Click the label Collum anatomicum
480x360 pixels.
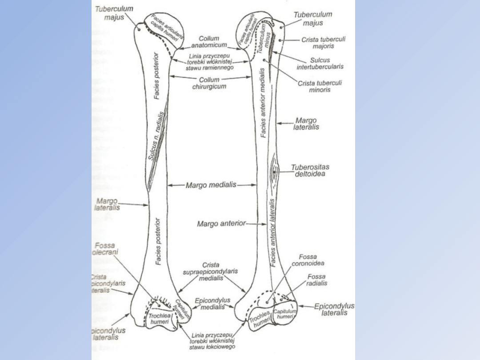click(x=209, y=42)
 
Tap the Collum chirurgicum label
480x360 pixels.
click(x=209, y=83)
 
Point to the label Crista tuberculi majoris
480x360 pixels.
click(x=324, y=43)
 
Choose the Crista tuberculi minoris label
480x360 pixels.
click(x=320, y=86)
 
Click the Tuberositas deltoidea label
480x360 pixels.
click(x=310, y=170)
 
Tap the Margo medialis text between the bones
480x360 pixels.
click(x=211, y=185)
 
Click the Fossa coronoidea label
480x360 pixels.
click(x=308, y=260)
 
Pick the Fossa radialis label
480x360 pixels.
click(x=316, y=280)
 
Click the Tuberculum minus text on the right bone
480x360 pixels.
click(x=265, y=36)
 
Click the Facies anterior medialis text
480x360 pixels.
click(x=263, y=103)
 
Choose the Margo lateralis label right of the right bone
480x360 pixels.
click(x=306, y=124)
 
